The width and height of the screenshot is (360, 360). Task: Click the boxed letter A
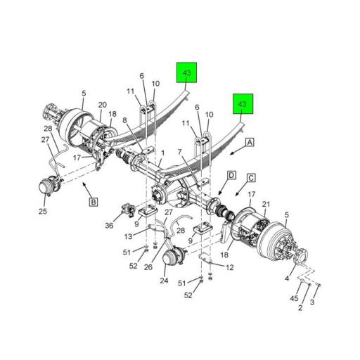tap(249, 143)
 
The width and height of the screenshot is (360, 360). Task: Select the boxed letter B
tap(93, 202)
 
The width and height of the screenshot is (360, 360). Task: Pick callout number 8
tap(125, 121)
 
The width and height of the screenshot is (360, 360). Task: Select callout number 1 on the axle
tap(162, 153)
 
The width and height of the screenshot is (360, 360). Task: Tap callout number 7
tap(180, 152)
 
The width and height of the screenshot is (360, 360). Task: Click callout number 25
tap(44, 211)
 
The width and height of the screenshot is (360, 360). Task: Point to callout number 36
tap(110, 225)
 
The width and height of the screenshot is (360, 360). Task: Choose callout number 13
tap(128, 236)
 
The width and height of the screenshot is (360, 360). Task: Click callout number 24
tap(164, 281)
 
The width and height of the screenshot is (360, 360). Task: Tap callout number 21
tap(265, 204)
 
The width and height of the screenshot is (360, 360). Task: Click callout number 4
tap(286, 278)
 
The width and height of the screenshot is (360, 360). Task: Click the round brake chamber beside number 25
tap(49, 189)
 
